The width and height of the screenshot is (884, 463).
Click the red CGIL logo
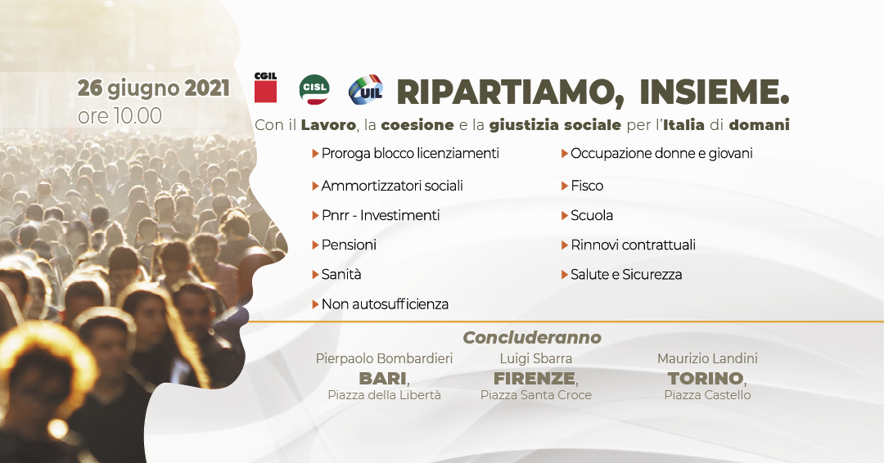pyautogui.click(x=265, y=88)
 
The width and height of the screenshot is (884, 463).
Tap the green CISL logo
pyautogui.click(x=314, y=89)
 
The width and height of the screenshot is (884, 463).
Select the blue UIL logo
pyautogui.click(x=366, y=90)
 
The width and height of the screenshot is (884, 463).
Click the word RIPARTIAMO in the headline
pyautogui.click(x=510, y=92)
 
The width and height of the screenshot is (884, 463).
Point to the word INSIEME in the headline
pyautogui.click(x=715, y=92)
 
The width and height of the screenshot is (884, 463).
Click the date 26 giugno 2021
pyautogui.click(x=153, y=89)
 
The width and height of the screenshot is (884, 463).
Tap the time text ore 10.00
pyautogui.click(x=120, y=116)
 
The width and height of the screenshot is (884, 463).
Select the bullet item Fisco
pyautogui.click(x=587, y=186)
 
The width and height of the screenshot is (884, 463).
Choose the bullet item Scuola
pyautogui.click(x=592, y=215)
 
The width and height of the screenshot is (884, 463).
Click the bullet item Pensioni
pyautogui.click(x=349, y=245)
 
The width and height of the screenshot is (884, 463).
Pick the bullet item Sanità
pyautogui.click(x=341, y=274)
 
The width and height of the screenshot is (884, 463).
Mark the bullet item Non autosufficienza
pyautogui.click(x=385, y=304)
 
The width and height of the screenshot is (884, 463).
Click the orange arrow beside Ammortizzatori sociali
pyautogui.click(x=316, y=186)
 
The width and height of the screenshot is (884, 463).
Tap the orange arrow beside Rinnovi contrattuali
pyautogui.click(x=564, y=245)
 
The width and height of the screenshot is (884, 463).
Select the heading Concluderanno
pyautogui.click(x=532, y=337)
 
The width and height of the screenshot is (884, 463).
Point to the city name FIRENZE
pyautogui.click(x=534, y=377)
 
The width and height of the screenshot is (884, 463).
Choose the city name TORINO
pyautogui.click(x=706, y=377)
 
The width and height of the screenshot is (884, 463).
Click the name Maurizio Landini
pyautogui.click(x=707, y=358)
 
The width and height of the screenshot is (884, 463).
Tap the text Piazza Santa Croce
pyautogui.click(x=536, y=395)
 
